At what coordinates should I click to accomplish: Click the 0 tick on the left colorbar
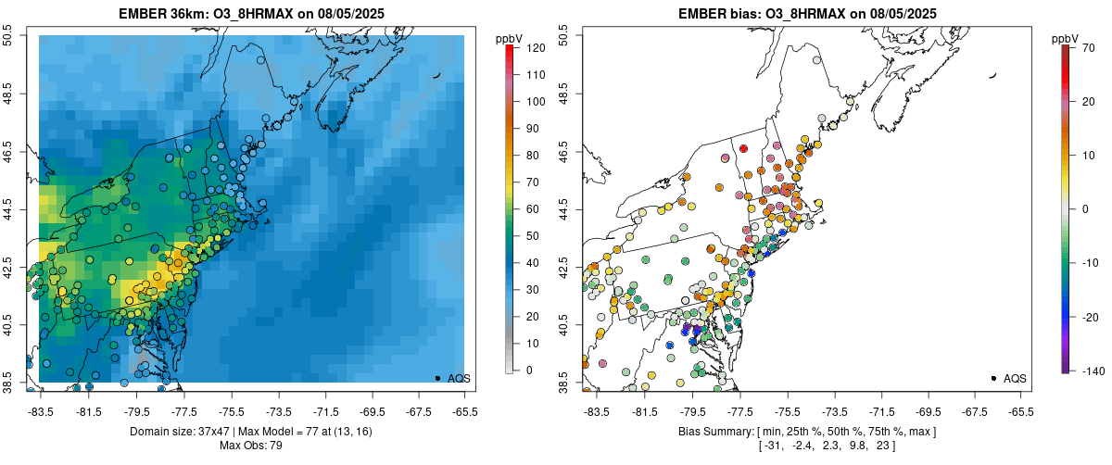coord(528,371)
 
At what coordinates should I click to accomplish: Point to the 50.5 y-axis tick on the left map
coord(8,36)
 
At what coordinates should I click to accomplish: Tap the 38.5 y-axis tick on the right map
coord(563,382)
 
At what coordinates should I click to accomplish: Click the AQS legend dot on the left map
coord(437,379)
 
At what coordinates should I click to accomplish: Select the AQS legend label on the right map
coord(1014,379)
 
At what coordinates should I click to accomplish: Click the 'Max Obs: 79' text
coord(251,446)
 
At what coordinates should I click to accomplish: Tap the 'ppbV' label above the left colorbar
coord(509,38)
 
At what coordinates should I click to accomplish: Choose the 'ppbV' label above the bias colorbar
coord(1065,38)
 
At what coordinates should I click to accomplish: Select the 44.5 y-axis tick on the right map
coord(563,209)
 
